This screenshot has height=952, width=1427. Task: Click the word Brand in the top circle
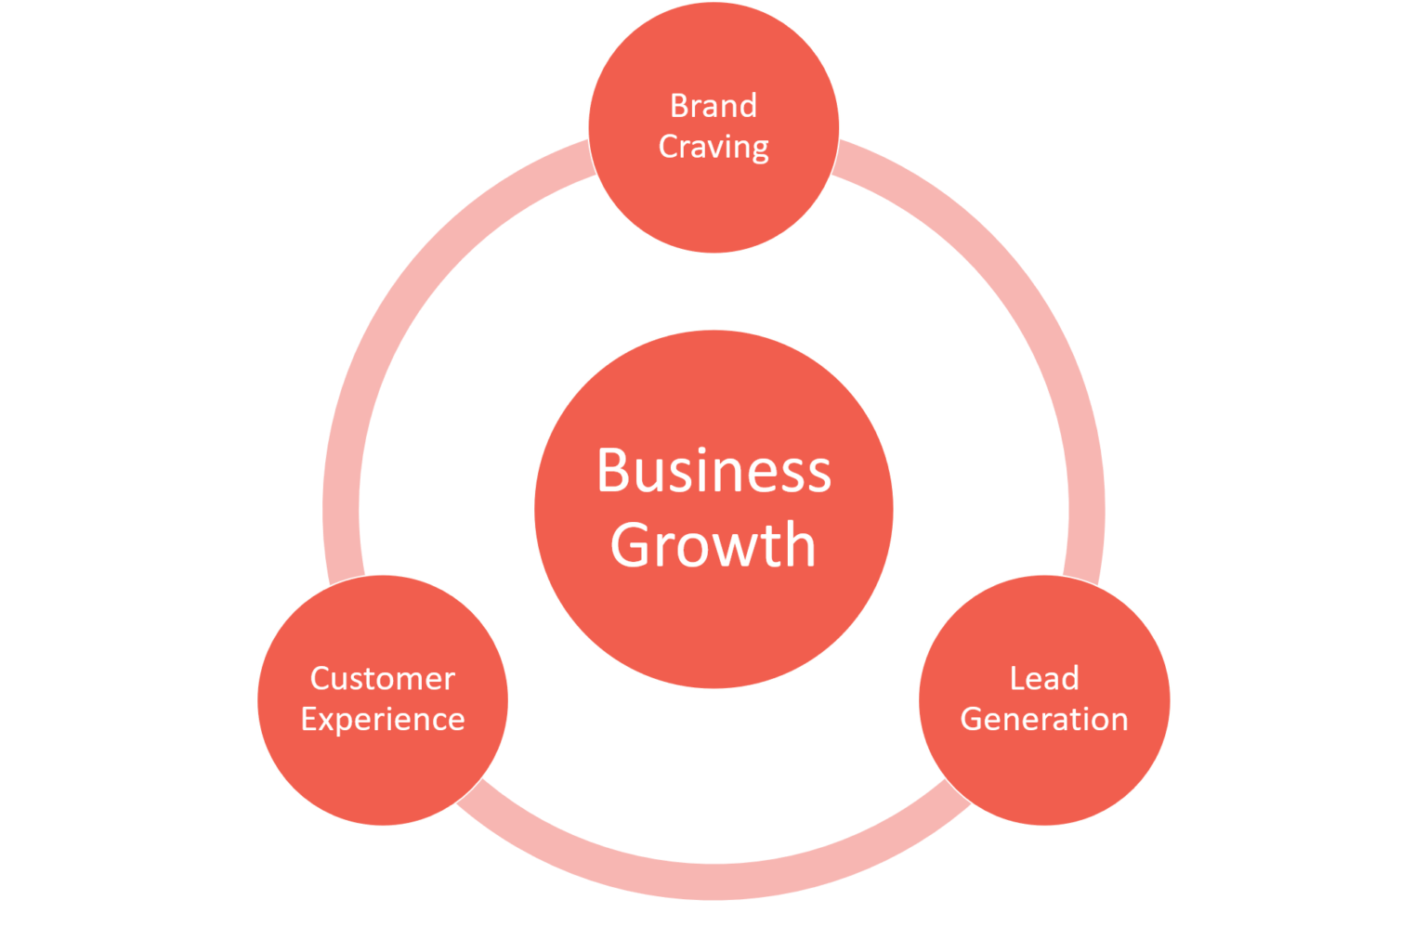tap(713, 105)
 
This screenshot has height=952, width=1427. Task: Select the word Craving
tap(713, 147)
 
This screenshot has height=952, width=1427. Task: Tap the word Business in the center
tap(713, 471)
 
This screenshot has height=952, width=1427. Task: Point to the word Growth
tap(713, 544)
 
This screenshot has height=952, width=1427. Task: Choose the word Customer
tap(382, 679)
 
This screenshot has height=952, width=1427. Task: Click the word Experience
tap(382, 720)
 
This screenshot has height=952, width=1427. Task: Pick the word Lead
tap(1044, 679)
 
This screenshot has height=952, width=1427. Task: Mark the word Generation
tap(1044, 720)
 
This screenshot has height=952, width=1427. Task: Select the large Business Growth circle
tap(713, 622)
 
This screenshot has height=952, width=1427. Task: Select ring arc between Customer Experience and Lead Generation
tap(713, 880)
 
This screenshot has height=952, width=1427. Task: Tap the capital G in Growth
tap(632, 544)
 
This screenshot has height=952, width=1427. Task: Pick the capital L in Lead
tap(1016, 679)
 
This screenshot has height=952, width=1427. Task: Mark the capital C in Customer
tap(321, 679)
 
